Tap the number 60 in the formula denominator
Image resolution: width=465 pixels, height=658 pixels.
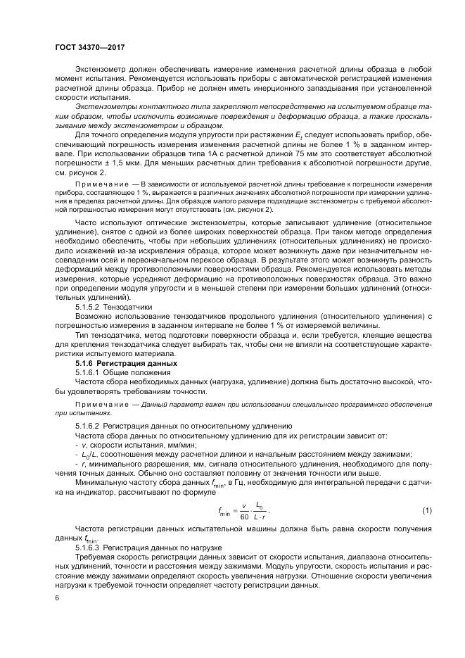pos(244,516)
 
